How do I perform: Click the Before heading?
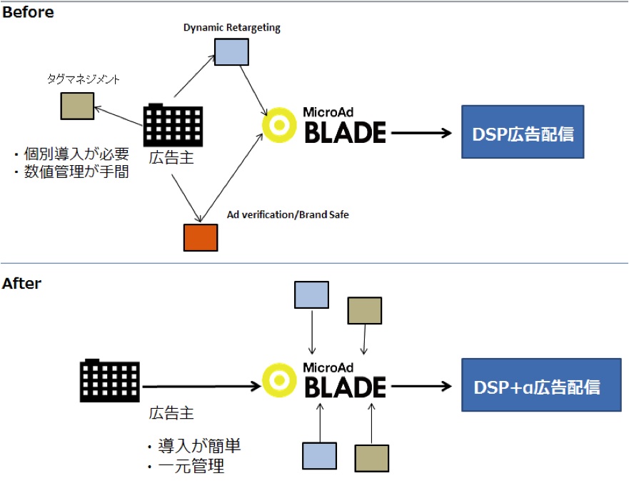(28, 12)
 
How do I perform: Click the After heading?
(22, 284)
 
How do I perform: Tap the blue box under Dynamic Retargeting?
(232, 51)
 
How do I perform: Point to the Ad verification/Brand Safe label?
(288, 214)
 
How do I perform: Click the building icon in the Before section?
(173, 126)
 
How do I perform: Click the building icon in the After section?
(109, 380)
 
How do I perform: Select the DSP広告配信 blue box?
(523, 132)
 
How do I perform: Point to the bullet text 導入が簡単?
(193, 447)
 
